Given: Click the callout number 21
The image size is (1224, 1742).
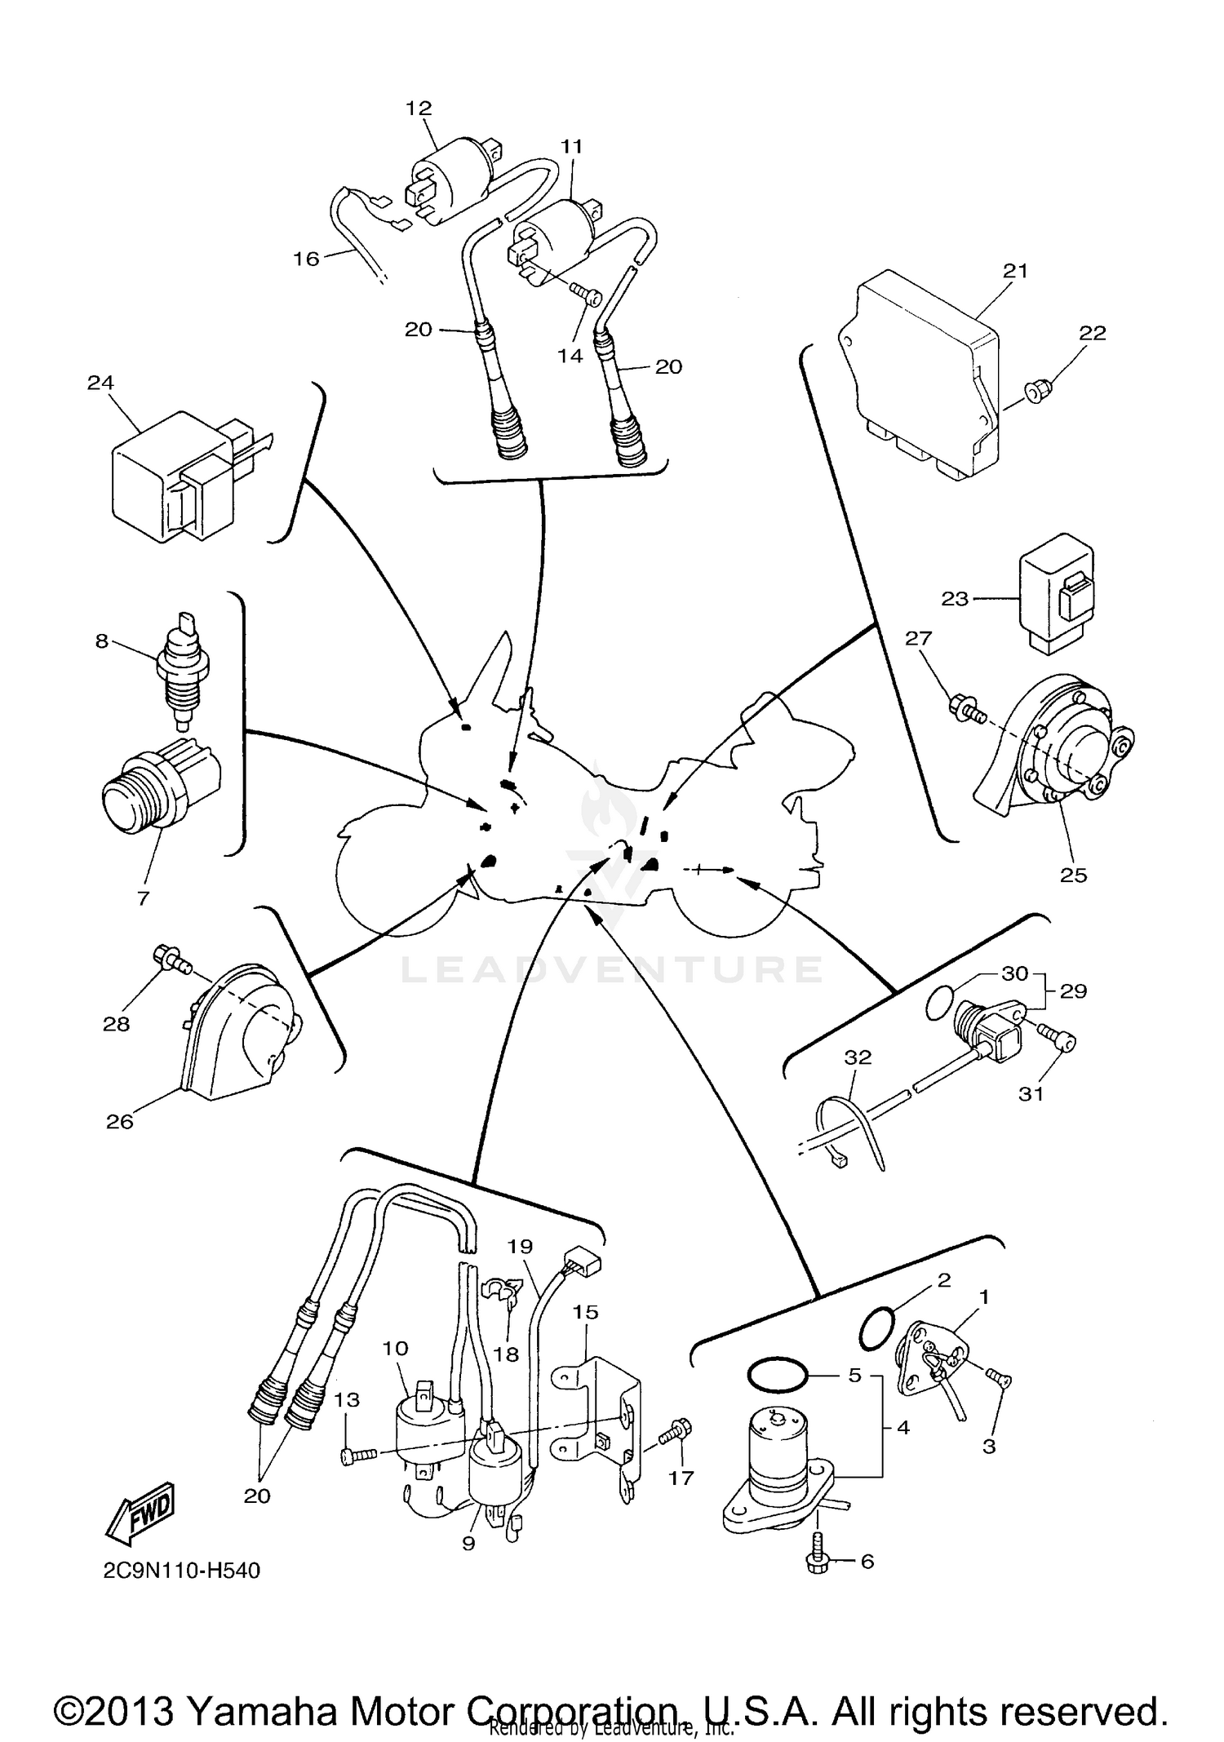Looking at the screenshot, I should pos(1015,271).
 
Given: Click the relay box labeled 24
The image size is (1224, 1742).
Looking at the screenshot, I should pos(186,474).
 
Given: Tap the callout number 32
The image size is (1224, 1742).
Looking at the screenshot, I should pos(858,1057).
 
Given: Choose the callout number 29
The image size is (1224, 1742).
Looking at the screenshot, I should pos(1074,991).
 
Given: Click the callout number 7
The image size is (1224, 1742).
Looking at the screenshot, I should pos(144,898).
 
